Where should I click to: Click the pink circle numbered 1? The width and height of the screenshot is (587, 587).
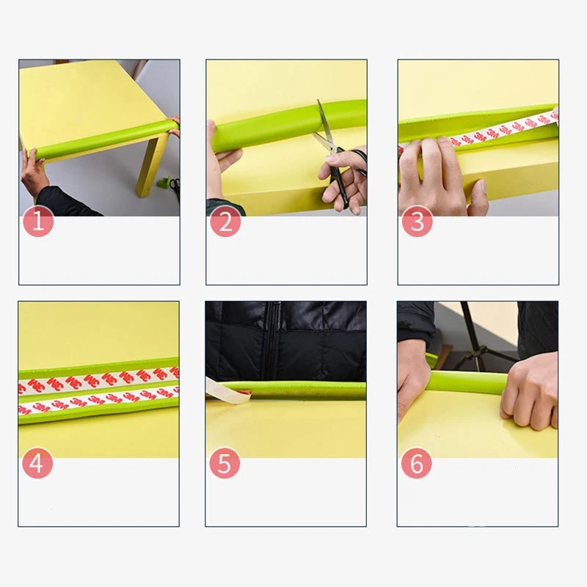pyautogui.click(x=38, y=222)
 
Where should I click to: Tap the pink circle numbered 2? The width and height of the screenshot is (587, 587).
pyautogui.click(x=225, y=222)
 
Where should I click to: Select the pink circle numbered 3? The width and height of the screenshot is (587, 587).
pyautogui.click(x=417, y=222)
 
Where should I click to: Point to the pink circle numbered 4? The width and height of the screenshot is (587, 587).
pyautogui.click(x=37, y=463)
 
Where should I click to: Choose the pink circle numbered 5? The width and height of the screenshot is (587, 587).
pyautogui.click(x=225, y=463)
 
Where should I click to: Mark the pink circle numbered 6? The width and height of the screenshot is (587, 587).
pyautogui.click(x=416, y=463)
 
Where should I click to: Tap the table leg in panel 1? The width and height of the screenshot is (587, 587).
pyautogui.click(x=150, y=164)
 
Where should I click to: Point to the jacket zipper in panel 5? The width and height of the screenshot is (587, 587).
pyautogui.click(x=271, y=340)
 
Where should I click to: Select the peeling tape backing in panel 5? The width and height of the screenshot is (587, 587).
pyautogui.click(x=227, y=392)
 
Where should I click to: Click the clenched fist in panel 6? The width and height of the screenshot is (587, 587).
pyautogui.click(x=530, y=391)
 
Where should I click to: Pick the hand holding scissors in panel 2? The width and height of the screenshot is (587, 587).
pyautogui.click(x=343, y=180)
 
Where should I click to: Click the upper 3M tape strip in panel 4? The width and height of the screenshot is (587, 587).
pyautogui.click(x=99, y=380)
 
